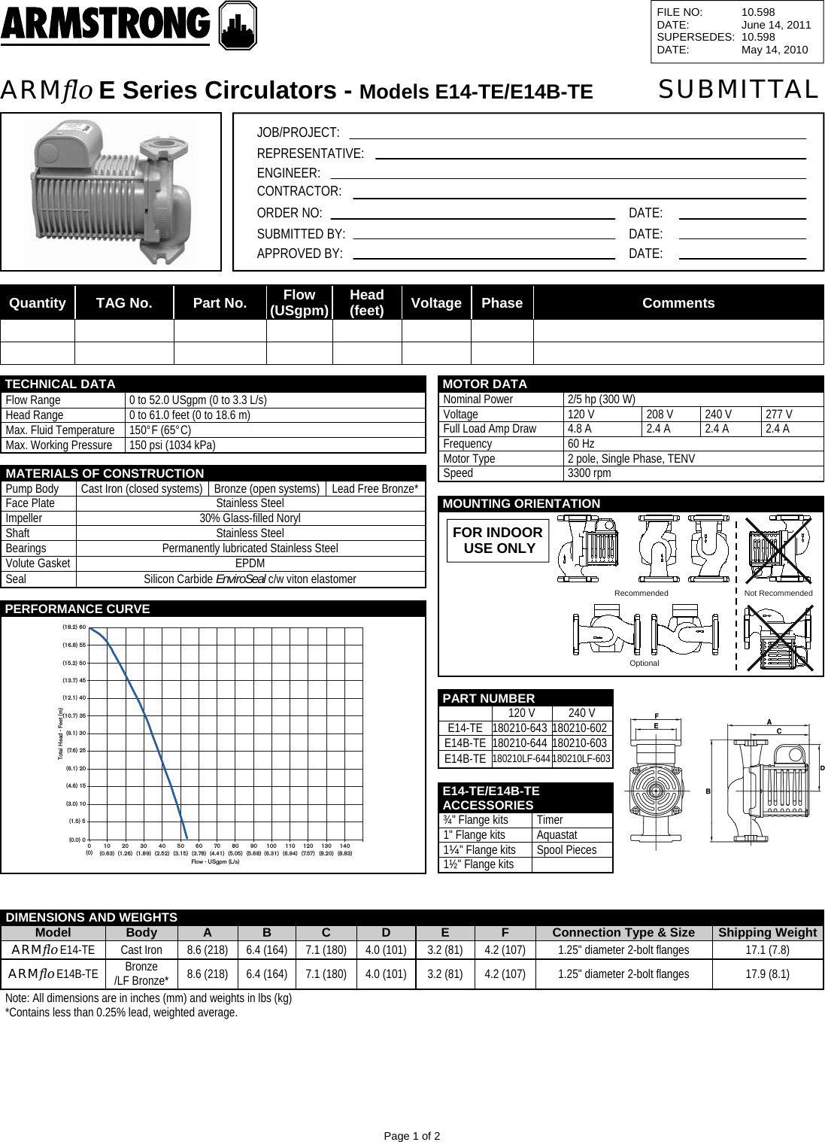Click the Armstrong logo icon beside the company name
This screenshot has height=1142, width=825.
[x=237, y=26]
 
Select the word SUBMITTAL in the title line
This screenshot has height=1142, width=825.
[x=738, y=90]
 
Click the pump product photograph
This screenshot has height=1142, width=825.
[x=111, y=191]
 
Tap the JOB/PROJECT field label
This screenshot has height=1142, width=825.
[x=298, y=133]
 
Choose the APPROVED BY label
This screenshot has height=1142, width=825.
[x=300, y=254]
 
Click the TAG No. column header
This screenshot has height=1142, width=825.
[x=124, y=303]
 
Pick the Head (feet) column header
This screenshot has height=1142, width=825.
[x=367, y=303]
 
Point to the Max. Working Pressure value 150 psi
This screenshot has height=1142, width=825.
[x=172, y=445]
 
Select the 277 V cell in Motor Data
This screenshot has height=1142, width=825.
[x=782, y=415]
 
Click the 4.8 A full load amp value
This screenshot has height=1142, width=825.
[x=580, y=429]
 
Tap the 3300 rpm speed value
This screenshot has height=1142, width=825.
[x=590, y=473]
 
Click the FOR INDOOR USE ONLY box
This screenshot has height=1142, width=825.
[x=497, y=540]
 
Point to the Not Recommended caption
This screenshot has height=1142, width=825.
[x=778, y=594]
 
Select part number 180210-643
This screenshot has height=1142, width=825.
[x=520, y=728]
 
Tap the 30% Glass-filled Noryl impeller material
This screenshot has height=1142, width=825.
[x=250, y=518]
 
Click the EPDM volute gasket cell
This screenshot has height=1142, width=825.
[x=250, y=563]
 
